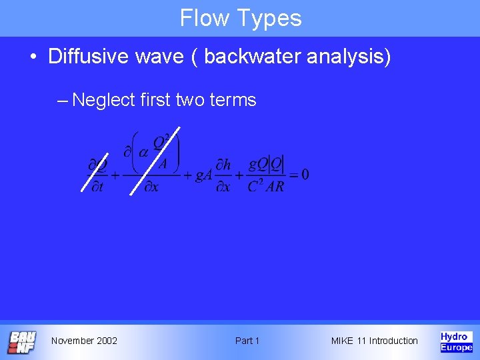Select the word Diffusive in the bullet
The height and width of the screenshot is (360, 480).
point(88,56)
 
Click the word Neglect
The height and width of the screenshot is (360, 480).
point(104,100)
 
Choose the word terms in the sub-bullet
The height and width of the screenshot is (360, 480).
point(233,100)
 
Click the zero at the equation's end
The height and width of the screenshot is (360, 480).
point(305,175)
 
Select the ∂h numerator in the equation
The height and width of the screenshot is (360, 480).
point(223,164)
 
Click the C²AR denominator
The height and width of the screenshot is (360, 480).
point(265,187)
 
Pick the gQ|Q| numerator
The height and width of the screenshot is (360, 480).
point(266,163)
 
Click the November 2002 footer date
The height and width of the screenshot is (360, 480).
point(84,341)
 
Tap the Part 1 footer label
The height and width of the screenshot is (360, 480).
point(247,341)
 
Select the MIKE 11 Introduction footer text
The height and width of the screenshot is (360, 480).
point(374,341)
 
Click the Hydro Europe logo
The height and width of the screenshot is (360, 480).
point(456,341)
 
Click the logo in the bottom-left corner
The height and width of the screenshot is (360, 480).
point(21,342)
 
